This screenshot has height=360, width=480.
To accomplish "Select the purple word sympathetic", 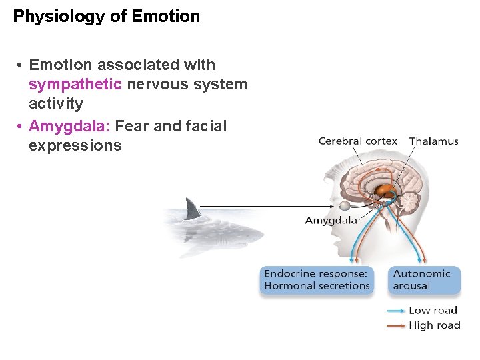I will (x=75, y=85).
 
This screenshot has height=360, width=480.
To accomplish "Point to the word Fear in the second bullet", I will (x=132, y=126).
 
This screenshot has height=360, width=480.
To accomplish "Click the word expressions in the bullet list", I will (x=75, y=146).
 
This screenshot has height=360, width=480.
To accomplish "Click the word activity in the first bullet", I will (x=56, y=104).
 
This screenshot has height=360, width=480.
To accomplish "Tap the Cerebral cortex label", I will (x=357, y=141).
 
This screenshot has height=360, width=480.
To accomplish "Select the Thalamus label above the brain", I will (x=434, y=141).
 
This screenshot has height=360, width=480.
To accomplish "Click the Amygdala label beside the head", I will (x=331, y=221).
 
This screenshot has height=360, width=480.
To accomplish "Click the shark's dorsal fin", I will (x=193, y=209).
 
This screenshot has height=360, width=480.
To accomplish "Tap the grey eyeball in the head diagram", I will (x=345, y=207).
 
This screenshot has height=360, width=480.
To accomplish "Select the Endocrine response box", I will (x=316, y=280).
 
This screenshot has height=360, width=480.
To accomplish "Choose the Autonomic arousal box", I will (x=425, y=280).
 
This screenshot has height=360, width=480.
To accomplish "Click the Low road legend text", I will (x=433, y=311).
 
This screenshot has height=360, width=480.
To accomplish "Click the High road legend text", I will (x=434, y=325).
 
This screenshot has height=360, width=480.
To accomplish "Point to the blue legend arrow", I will (x=396, y=311).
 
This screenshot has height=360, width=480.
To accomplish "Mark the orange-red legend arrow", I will (x=396, y=325).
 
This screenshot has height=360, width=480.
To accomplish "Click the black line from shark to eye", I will (x=267, y=206).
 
